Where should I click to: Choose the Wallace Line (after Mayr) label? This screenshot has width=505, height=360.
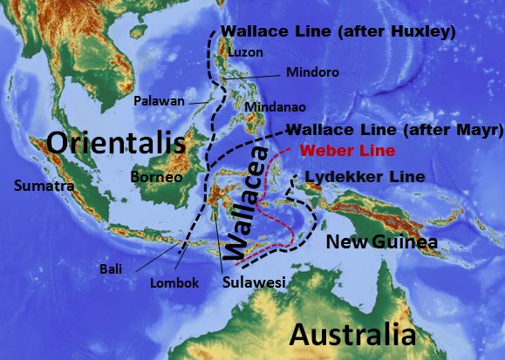(394, 130)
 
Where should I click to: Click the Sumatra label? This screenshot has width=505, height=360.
(43, 186)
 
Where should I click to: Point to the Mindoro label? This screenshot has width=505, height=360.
(312, 72)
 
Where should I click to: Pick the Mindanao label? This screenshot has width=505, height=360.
(273, 106)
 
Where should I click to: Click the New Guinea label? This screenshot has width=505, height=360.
(380, 241)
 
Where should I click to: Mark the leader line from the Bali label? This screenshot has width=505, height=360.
(152, 253)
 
